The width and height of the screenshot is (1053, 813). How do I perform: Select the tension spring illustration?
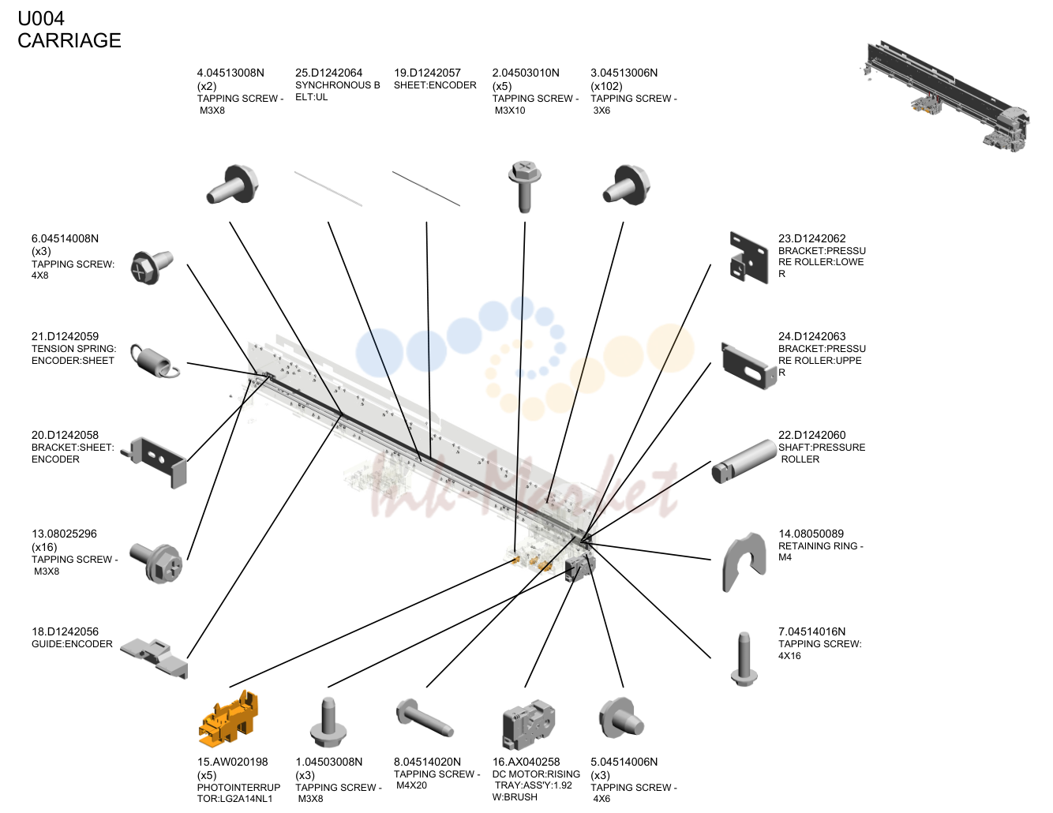click(155, 361)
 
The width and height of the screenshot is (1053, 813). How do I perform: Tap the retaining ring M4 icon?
click(744, 561)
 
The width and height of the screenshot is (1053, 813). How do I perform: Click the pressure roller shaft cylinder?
click(744, 461)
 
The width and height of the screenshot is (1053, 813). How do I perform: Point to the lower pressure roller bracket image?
click(748, 257)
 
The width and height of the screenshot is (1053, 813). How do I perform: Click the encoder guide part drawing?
click(154, 658)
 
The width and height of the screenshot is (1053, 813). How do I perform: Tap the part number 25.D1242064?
click(328, 73)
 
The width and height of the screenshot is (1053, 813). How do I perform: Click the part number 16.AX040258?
click(526, 762)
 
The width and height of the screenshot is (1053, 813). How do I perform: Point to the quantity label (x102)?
click(606, 86)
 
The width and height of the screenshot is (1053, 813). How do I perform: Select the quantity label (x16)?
click(44, 546)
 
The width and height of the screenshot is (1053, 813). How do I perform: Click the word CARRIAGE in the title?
click(69, 40)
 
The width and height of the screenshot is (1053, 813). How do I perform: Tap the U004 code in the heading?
click(41, 18)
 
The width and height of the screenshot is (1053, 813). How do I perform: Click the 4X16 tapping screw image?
click(744, 658)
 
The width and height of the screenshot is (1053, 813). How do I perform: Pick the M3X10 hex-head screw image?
click(524, 186)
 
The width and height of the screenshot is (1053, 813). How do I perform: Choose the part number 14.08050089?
click(811, 534)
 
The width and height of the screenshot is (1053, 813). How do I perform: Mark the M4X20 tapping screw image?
click(425, 718)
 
